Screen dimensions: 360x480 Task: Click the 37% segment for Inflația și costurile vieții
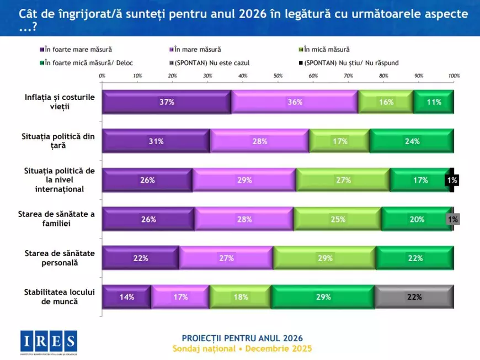click(167, 102)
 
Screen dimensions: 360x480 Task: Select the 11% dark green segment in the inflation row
click(434, 102)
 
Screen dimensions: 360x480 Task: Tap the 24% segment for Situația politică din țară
click(412, 141)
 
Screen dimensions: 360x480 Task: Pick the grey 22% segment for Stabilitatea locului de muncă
click(414, 297)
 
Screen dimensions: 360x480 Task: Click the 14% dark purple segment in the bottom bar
click(127, 297)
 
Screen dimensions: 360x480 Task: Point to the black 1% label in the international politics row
click(452, 180)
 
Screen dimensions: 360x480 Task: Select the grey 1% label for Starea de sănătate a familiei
click(452, 219)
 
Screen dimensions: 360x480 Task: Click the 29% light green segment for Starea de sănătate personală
click(324, 258)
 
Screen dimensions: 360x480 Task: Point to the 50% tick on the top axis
click(278, 76)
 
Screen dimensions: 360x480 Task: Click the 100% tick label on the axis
click(454, 76)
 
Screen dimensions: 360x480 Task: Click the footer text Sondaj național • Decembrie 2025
click(242, 348)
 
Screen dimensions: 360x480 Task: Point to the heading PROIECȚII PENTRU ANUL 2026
click(242, 338)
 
